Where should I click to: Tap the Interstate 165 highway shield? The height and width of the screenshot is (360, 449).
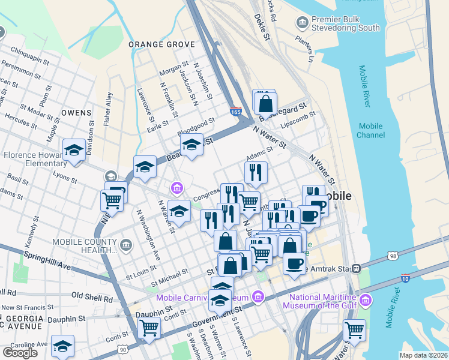[x=236, y=112]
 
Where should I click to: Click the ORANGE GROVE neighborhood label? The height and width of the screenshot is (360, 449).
[x=162, y=44]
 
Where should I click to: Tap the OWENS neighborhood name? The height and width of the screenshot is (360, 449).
[x=76, y=112]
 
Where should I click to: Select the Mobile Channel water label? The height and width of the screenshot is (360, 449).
[x=370, y=130]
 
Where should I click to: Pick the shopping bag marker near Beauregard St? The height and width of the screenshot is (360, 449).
[x=265, y=103]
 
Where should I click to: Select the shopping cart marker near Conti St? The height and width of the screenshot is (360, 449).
[x=149, y=329]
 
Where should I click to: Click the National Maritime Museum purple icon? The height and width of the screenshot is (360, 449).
[x=365, y=300]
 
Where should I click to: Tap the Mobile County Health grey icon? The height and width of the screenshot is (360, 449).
[x=125, y=244]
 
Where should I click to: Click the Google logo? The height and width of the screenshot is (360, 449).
[x=20, y=353]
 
